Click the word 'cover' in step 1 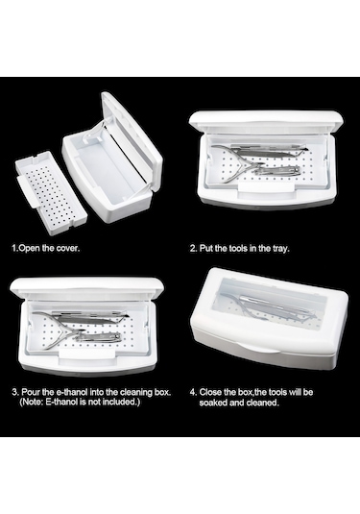click(x=68, y=248)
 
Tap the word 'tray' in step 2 click(x=281, y=248)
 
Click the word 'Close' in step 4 click(x=210, y=392)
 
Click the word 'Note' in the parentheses click(x=32, y=402)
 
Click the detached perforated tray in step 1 click(x=51, y=192)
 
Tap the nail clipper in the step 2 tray click(x=278, y=171)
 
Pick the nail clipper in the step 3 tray click(x=98, y=337)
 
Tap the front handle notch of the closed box click(x=259, y=348)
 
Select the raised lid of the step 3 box click(x=86, y=287)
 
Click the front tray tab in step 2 click(x=266, y=186)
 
